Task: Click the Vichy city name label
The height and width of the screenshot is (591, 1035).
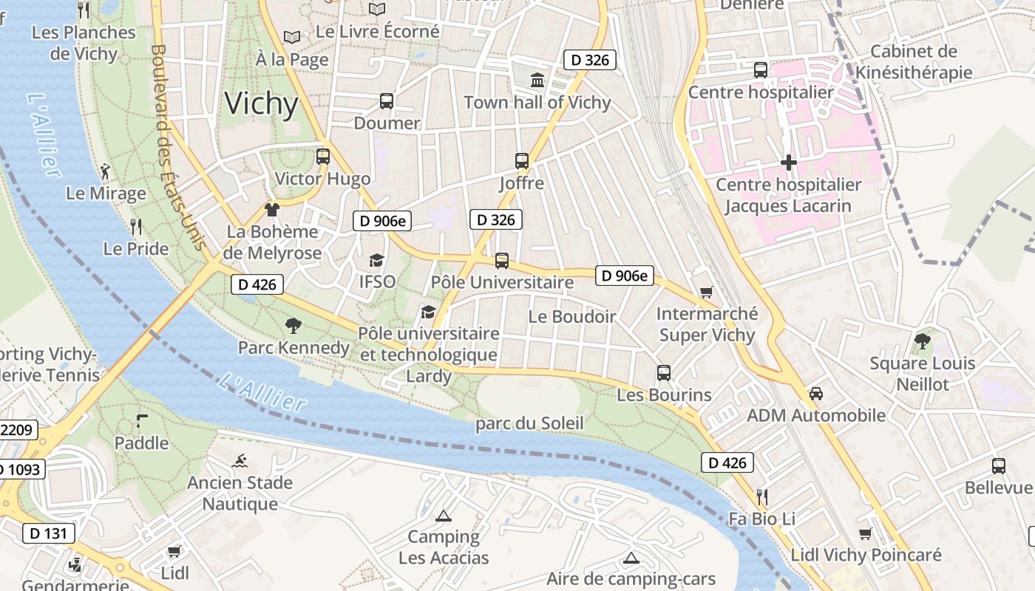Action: (262, 104)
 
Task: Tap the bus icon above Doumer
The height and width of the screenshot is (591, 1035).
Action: (387, 101)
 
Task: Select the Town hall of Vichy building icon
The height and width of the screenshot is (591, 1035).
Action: (537, 80)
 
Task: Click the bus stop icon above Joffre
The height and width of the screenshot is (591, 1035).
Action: (522, 160)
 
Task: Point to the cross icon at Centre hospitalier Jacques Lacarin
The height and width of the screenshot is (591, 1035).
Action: (789, 162)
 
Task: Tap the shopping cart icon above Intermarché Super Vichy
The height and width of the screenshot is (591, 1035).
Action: (706, 292)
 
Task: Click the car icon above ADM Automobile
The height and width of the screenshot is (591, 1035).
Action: (816, 393)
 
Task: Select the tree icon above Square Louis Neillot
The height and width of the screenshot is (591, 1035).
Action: (922, 341)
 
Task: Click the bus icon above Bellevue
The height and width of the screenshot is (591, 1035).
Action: (999, 465)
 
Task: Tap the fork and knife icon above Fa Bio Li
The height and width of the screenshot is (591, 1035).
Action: (762, 496)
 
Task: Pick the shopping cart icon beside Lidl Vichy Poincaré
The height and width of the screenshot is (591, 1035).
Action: (866, 533)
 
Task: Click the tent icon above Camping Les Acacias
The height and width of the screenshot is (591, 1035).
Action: (444, 516)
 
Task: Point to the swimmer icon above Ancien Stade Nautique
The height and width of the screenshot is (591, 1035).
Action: (240, 462)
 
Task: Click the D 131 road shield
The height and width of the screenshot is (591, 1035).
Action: (49, 533)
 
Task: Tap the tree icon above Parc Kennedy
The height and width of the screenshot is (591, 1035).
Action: (293, 325)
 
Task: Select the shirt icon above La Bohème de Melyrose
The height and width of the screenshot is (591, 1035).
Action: (272, 210)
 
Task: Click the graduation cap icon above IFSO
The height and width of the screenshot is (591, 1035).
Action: (377, 260)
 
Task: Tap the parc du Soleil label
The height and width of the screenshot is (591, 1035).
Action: (529, 423)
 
